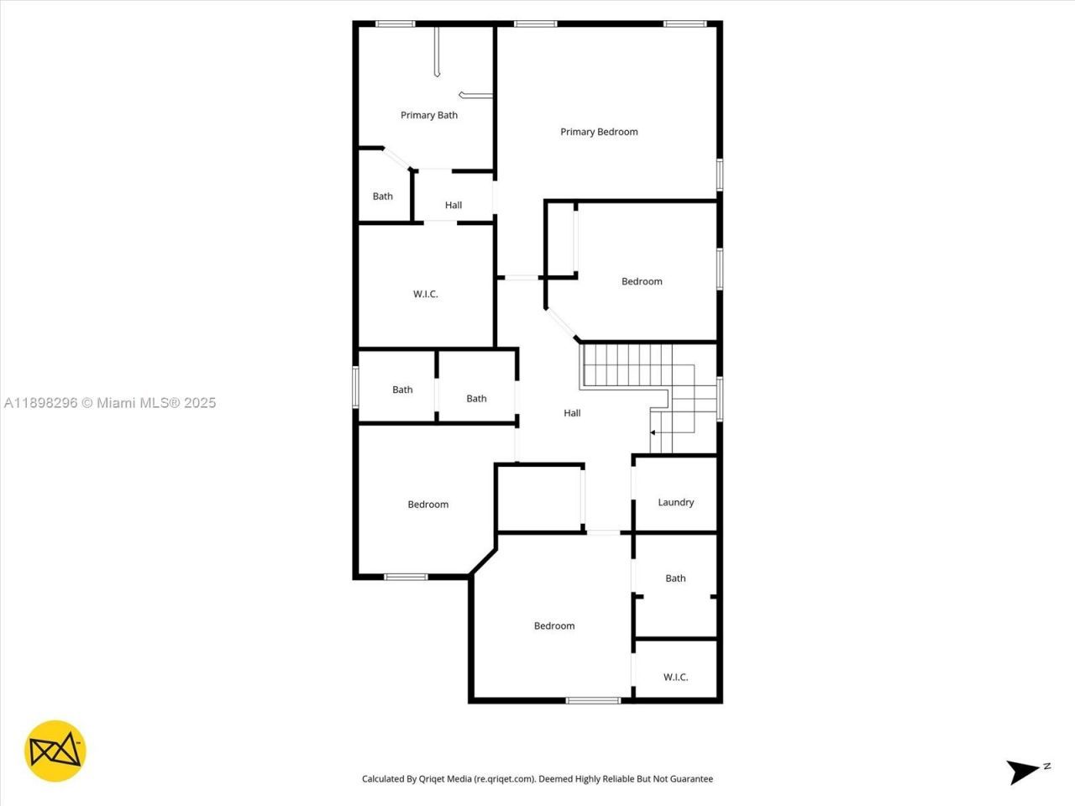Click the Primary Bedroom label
[599, 132]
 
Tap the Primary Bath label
[429, 115]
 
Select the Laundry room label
[675, 502]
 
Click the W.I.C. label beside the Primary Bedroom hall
[425, 294]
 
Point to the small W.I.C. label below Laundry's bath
[675, 677]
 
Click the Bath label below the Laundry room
[675, 578]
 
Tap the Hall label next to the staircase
[572, 413]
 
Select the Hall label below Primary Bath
[454, 205]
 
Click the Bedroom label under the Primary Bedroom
[642, 281]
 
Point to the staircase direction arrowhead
[653, 432]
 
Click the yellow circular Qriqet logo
[55, 751]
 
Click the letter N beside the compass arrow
[1046, 766]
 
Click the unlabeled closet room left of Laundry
[539, 499]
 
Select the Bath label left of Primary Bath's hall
[383, 196]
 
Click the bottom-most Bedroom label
[554, 625]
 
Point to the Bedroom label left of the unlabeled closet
[428, 505]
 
